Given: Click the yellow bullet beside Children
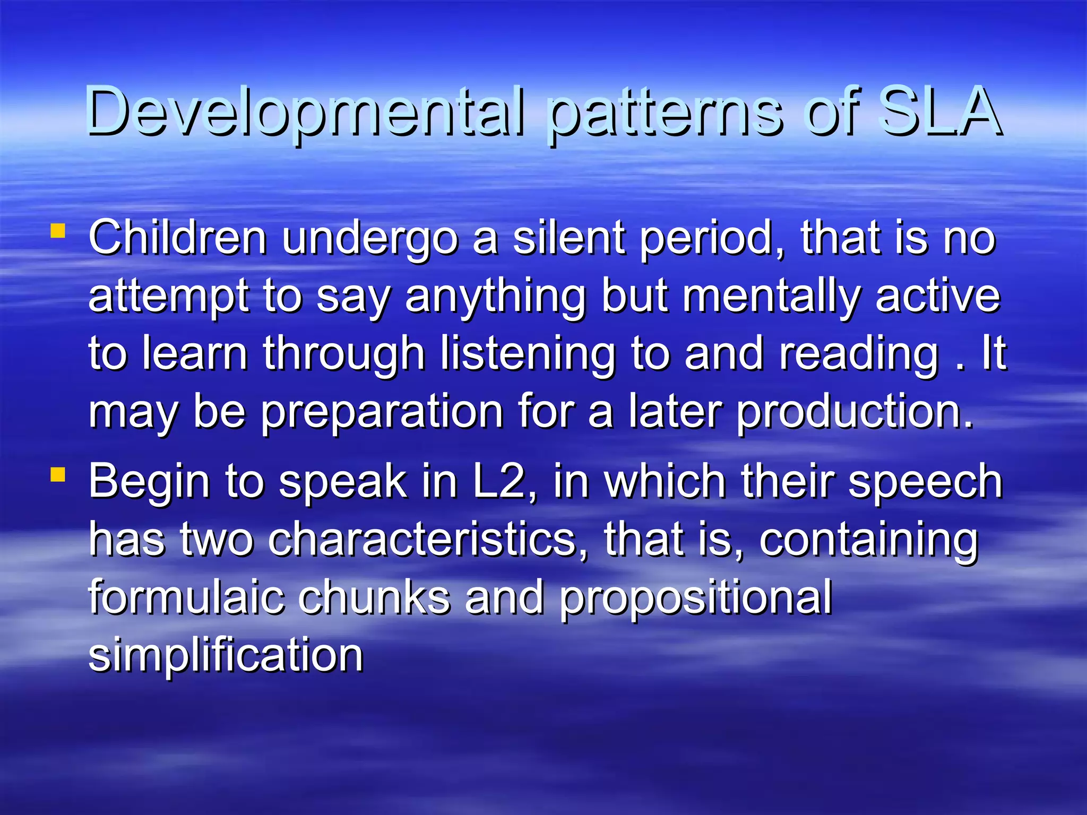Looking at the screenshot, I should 58,231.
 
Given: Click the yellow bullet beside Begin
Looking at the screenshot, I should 58,474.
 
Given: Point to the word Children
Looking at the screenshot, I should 178,238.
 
